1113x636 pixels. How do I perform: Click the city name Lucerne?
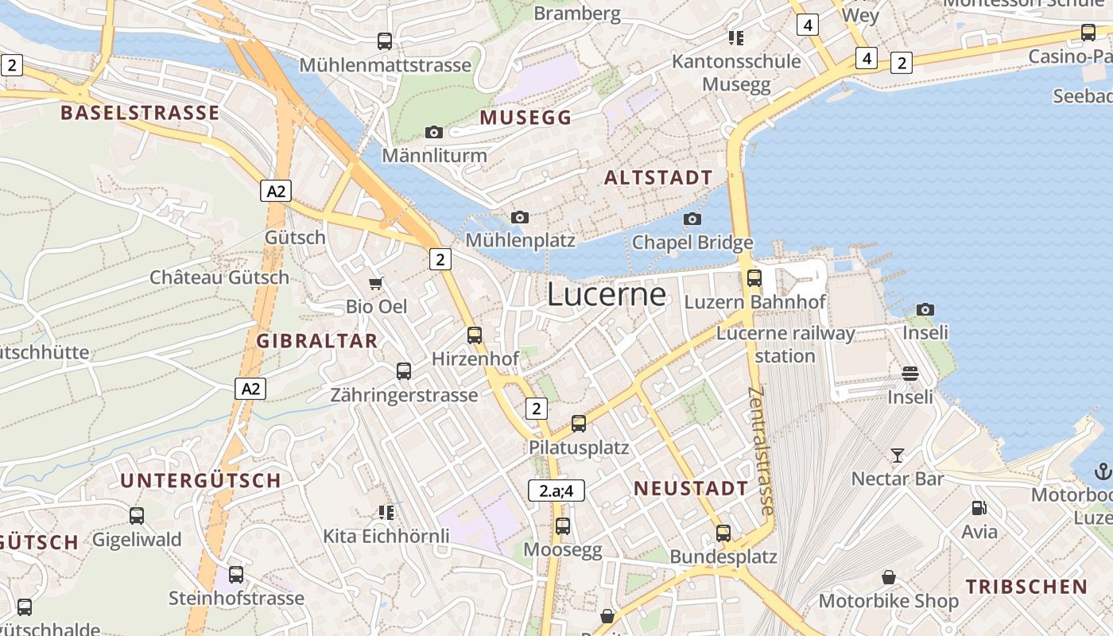coord(606,294)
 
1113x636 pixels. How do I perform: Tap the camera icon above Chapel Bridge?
coord(692,219)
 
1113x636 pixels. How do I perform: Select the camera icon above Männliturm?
coord(434,132)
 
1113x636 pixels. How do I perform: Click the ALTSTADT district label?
coord(658,178)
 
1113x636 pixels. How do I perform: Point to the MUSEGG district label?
coord(525,118)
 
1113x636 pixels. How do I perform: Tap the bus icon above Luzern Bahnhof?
coord(754,278)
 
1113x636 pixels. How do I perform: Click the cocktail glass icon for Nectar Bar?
coord(898,456)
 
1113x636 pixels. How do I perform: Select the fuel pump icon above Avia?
coord(979,508)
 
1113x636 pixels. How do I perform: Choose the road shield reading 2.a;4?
coord(556,491)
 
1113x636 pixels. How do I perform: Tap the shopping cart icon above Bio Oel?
coord(376,283)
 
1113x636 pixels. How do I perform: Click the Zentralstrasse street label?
coord(762,451)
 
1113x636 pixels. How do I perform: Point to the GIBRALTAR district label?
coord(316,341)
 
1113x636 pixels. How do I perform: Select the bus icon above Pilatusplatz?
coord(579,424)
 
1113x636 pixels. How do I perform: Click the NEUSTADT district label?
coord(691,489)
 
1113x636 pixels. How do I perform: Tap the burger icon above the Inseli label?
coord(910,374)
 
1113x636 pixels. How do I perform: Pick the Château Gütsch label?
coord(219,277)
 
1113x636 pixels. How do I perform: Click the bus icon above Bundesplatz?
coord(723,533)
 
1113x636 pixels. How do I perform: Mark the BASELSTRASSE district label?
coord(140,113)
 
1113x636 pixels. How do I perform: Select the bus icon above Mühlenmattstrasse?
coord(385,41)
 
